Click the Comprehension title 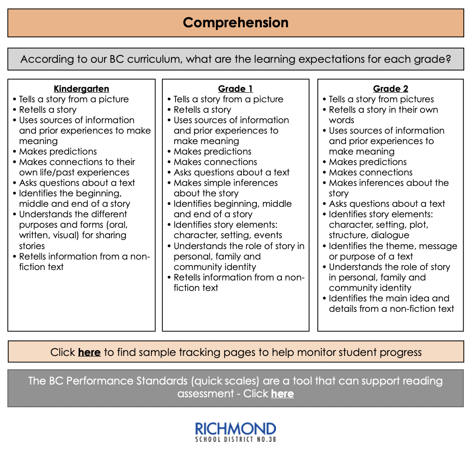(235, 23)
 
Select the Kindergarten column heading (81, 89)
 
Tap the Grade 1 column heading (235, 89)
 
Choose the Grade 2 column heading (391, 89)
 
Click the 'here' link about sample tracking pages (89, 352)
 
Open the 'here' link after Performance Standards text (282, 394)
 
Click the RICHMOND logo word (235, 429)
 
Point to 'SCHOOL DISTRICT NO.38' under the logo (235, 440)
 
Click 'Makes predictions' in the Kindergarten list (58, 152)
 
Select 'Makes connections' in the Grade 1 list (215, 162)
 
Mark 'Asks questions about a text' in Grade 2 (387, 204)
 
